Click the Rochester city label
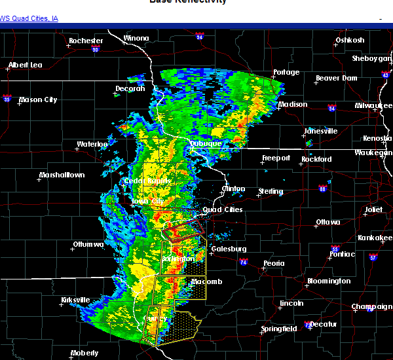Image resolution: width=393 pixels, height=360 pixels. [86, 41]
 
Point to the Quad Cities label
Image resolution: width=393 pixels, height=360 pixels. [223, 210]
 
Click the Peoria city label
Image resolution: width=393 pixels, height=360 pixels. [273, 263]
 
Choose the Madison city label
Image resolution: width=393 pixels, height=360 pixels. [292, 105]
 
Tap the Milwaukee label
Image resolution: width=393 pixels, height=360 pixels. [374, 105]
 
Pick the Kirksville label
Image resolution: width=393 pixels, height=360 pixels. [76, 300]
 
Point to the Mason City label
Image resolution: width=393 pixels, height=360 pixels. [38, 100]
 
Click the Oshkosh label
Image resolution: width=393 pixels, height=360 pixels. [350, 41]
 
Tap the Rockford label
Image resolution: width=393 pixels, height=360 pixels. [316, 159]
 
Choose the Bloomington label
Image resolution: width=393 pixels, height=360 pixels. [328, 281]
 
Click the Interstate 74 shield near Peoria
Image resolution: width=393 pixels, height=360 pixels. [244, 262]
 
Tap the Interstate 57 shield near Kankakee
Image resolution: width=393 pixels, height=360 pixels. [373, 257]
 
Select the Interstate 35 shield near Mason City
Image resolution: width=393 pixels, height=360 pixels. [7, 99]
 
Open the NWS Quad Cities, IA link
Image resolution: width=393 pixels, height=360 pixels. [29, 18]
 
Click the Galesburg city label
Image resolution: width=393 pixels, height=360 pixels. [228, 249]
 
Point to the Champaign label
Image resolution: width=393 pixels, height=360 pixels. [371, 307]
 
